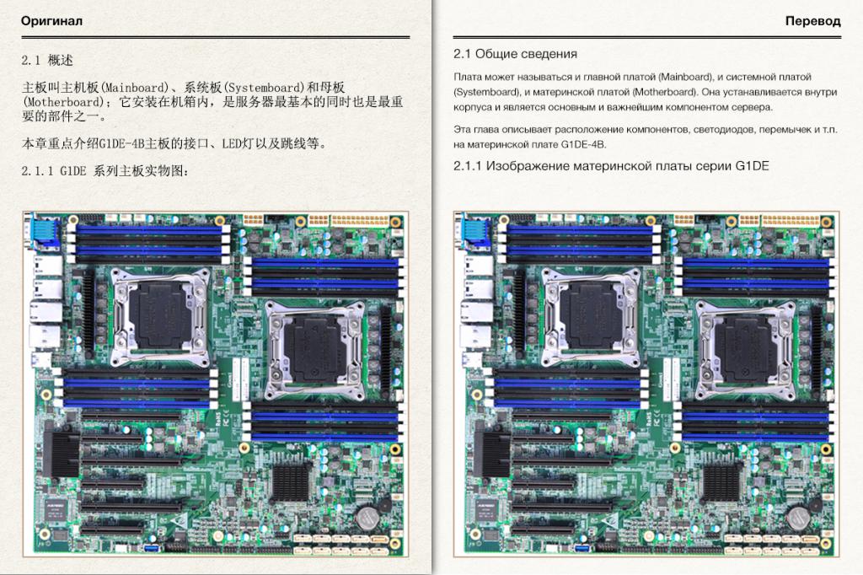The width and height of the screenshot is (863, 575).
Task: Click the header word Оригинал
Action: click(51, 21)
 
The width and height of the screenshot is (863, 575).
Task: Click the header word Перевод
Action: click(813, 21)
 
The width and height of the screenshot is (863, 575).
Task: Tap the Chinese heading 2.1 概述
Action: click(47, 60)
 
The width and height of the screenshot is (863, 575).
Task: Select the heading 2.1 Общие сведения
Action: click(515, 54)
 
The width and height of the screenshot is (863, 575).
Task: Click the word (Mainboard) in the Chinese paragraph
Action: click(134, 88)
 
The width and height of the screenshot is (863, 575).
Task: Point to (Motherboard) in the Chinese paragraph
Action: click(63, 102)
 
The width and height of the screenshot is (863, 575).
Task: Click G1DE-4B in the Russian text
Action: click(583, 145)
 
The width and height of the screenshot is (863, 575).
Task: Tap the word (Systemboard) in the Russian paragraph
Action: click(487, 92)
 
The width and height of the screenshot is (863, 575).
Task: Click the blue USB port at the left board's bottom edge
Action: click(152, 548)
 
